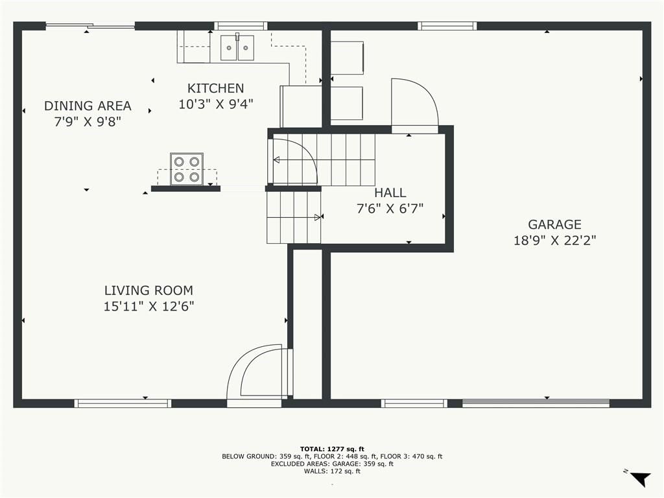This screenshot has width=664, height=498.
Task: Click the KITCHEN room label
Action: pos(215,88)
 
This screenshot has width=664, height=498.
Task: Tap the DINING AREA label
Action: pos(88,106)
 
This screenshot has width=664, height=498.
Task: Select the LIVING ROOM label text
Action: pos(148,290)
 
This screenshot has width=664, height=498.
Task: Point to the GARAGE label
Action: pos(554,224)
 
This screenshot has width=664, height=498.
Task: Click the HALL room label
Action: pos(390,193)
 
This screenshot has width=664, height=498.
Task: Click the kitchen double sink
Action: pos(237,47)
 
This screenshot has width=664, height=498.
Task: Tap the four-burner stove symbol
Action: pos(187,169)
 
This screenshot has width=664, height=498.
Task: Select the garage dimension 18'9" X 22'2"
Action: pos(555,241)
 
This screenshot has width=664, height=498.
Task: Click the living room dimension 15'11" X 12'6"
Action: pos(148,306)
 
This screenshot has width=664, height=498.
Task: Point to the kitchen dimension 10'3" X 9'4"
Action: pos(215,104)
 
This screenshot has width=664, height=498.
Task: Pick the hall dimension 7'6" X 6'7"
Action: pos(390,208)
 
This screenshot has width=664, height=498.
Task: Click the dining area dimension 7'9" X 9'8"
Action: pos(88,121)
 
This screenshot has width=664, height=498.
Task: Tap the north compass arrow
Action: pos(640,479)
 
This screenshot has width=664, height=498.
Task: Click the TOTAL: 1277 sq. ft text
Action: pos(332,449)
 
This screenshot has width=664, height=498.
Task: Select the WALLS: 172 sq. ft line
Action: pos(332,471)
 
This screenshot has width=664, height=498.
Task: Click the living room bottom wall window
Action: pos(123,403)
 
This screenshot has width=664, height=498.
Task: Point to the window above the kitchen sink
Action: pos(241,26)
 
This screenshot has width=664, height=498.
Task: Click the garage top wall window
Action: pos(447,26)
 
